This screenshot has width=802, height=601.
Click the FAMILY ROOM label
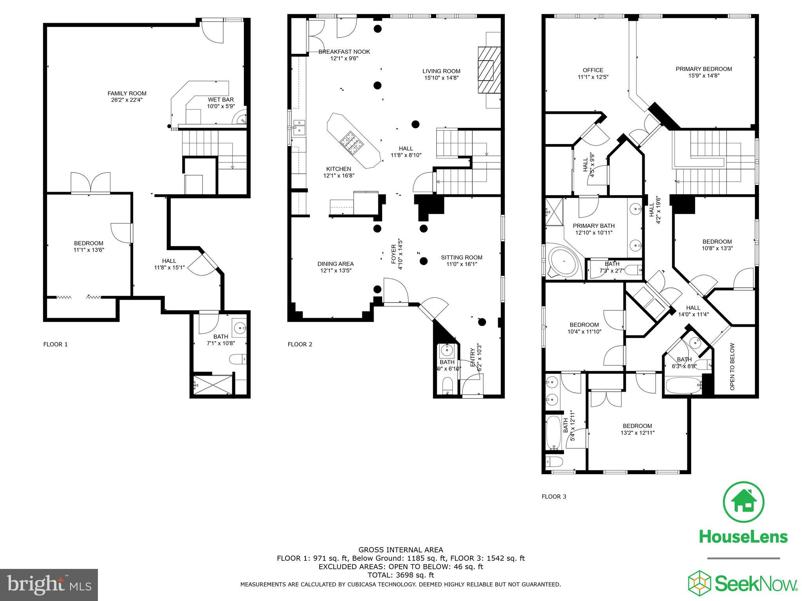coord(127,93)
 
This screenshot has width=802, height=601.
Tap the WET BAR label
coord(220,100)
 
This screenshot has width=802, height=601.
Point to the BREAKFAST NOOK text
coord(344,52)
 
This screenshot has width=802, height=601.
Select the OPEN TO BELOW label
coord(732,367)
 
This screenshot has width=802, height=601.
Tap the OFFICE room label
coord(593,70)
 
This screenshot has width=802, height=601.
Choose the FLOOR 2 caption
coord(300,344)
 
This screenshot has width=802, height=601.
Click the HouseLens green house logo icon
coord(743,502)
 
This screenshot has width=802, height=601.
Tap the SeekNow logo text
coord(756,584)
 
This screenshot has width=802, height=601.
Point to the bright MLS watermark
coord(49,585)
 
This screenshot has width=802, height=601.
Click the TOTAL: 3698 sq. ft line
coord(400,575)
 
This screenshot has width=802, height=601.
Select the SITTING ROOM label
coord(461,257)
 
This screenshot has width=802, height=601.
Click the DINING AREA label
coord(336,264)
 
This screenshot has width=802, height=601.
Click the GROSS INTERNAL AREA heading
coord(401,550)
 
